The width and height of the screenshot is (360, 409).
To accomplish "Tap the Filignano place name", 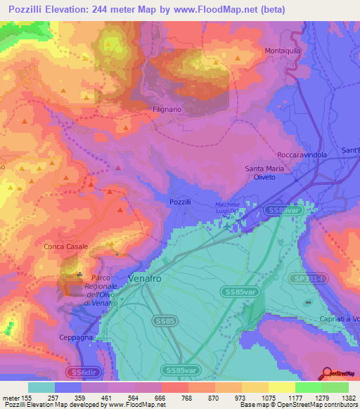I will tap(167, 110).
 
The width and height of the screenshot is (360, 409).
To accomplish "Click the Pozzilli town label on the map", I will tap(181, 202).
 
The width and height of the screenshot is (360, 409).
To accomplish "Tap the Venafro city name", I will tap(147, 279).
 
